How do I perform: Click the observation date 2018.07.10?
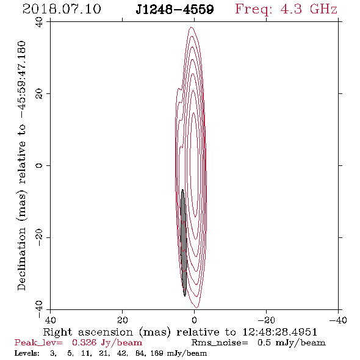click(x=62, y=9)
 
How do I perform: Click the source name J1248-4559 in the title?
click(x=175, y=9)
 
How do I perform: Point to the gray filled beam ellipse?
click(x=184, y=243)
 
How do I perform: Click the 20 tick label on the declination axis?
click(x=39, y=94)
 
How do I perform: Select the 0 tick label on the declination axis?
click(x=39, y=165)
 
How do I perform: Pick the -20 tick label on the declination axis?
click(x=39, y=237)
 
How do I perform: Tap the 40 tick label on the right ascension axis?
click(x=50, y=320)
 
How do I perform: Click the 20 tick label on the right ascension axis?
click(x=123, y=320)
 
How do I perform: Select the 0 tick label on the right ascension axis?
click(x=195, y=320)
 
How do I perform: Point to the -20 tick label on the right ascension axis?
click(x=266, y=320)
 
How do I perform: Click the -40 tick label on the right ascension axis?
click(x=338, y=320)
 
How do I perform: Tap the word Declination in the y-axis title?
click(x=21, y=259)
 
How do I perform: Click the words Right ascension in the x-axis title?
click(x=88, y=332)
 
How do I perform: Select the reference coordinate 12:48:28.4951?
click(x=279, y=332)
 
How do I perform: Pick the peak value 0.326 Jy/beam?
click(x=107, y=343)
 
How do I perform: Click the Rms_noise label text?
click(x=220, y=343)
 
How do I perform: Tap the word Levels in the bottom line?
click(x=27, y=353)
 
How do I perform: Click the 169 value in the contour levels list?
click(x=157, y=353)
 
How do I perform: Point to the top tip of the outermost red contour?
click(x=191, y=27)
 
